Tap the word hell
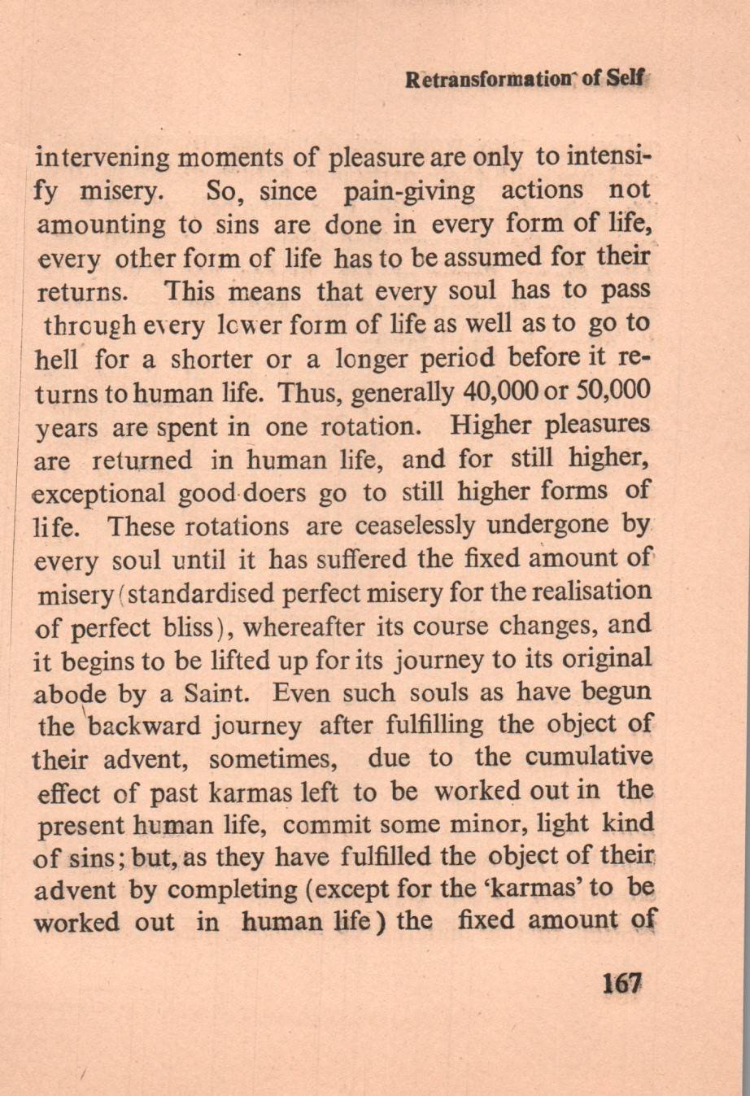tap(59, 358)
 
